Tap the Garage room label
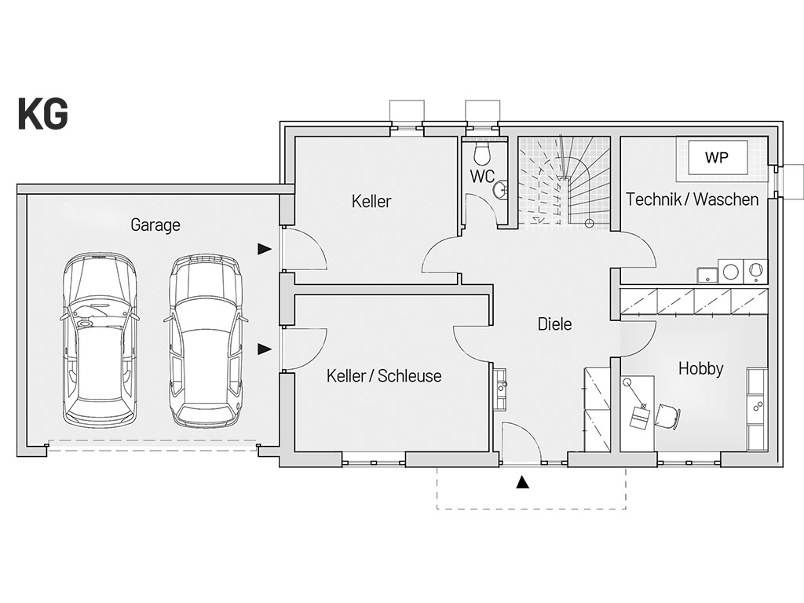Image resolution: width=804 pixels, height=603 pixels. coord(155,225)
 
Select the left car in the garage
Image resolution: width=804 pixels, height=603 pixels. coord(100,338)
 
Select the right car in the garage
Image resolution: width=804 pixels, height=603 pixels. coord(206,342)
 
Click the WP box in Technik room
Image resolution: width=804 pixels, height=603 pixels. coord(717,157)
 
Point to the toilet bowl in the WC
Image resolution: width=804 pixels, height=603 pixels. coord(483,152)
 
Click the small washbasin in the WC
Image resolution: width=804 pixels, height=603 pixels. coord(500,190)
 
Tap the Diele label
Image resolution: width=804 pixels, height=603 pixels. coord(555,324)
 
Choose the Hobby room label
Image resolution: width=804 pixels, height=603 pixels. coord(700,369)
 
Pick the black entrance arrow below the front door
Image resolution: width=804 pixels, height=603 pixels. coord(522,482)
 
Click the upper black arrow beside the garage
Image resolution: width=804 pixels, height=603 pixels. coord(265,249)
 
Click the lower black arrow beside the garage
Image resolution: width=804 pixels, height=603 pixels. coord(265,349)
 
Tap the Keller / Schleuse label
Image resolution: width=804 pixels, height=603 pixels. coord(384,376)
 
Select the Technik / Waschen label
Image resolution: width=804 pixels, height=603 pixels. coord(693,199)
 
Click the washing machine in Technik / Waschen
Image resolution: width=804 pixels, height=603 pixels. coord(730,271)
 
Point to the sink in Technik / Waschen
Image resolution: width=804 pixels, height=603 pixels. coord(707,275)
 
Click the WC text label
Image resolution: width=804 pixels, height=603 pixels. coord(483,177)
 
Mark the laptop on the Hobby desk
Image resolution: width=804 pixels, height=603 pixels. coord(639,416)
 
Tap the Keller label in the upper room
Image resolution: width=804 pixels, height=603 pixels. coord(371,201)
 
